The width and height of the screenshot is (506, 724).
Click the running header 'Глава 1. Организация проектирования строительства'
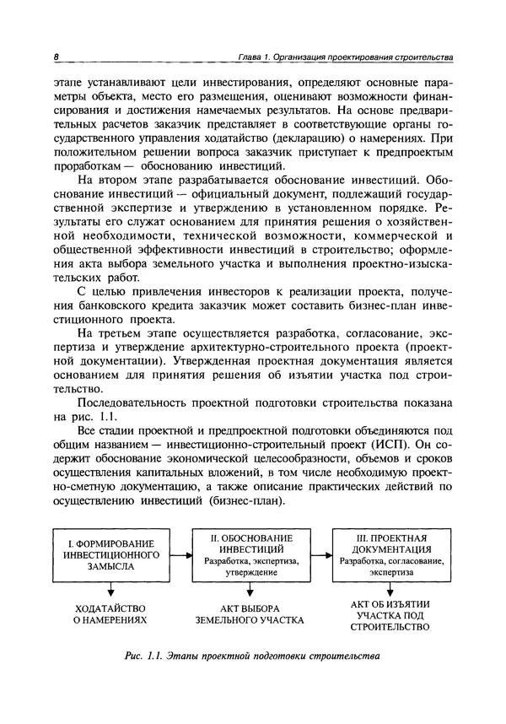click(345, 57)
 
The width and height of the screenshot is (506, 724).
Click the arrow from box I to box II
click(180, 555)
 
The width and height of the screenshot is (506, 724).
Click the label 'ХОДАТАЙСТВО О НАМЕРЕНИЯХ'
click(111, 613)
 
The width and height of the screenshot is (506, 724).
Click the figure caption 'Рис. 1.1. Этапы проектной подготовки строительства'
click(250, 656)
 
